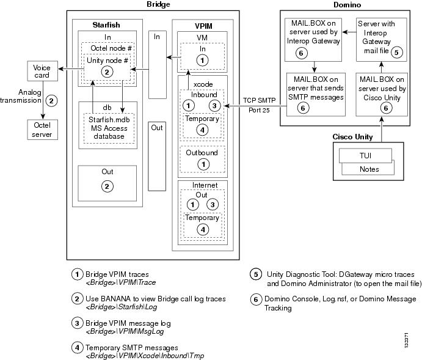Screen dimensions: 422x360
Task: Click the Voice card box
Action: (42, 71)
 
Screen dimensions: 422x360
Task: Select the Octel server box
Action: (42, 130)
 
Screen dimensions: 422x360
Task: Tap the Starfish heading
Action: (106, 25)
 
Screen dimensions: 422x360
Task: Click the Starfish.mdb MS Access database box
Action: (109, 128)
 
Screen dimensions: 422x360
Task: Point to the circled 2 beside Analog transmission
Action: (51, 101)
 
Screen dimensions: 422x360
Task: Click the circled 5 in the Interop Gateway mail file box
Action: (396, 52)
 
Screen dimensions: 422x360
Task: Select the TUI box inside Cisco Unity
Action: (365, 156)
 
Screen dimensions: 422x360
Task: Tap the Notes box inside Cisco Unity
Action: (369, 169)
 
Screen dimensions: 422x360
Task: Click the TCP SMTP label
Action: (259, 100)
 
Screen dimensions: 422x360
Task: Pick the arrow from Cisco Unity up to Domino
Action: (381, 130)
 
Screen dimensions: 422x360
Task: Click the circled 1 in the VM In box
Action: (202, 61)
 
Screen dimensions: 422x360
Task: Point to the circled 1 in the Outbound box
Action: (203, 164)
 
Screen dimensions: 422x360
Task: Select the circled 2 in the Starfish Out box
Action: (107, 186)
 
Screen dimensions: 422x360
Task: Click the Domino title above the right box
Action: (347, 5)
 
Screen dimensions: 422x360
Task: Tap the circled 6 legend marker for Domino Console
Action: (256, 299)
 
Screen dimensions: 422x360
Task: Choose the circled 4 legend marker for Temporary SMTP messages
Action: (77, 348)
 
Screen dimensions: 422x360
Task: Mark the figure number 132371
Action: (406, 340)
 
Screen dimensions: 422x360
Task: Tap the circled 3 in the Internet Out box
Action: (213, 205)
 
